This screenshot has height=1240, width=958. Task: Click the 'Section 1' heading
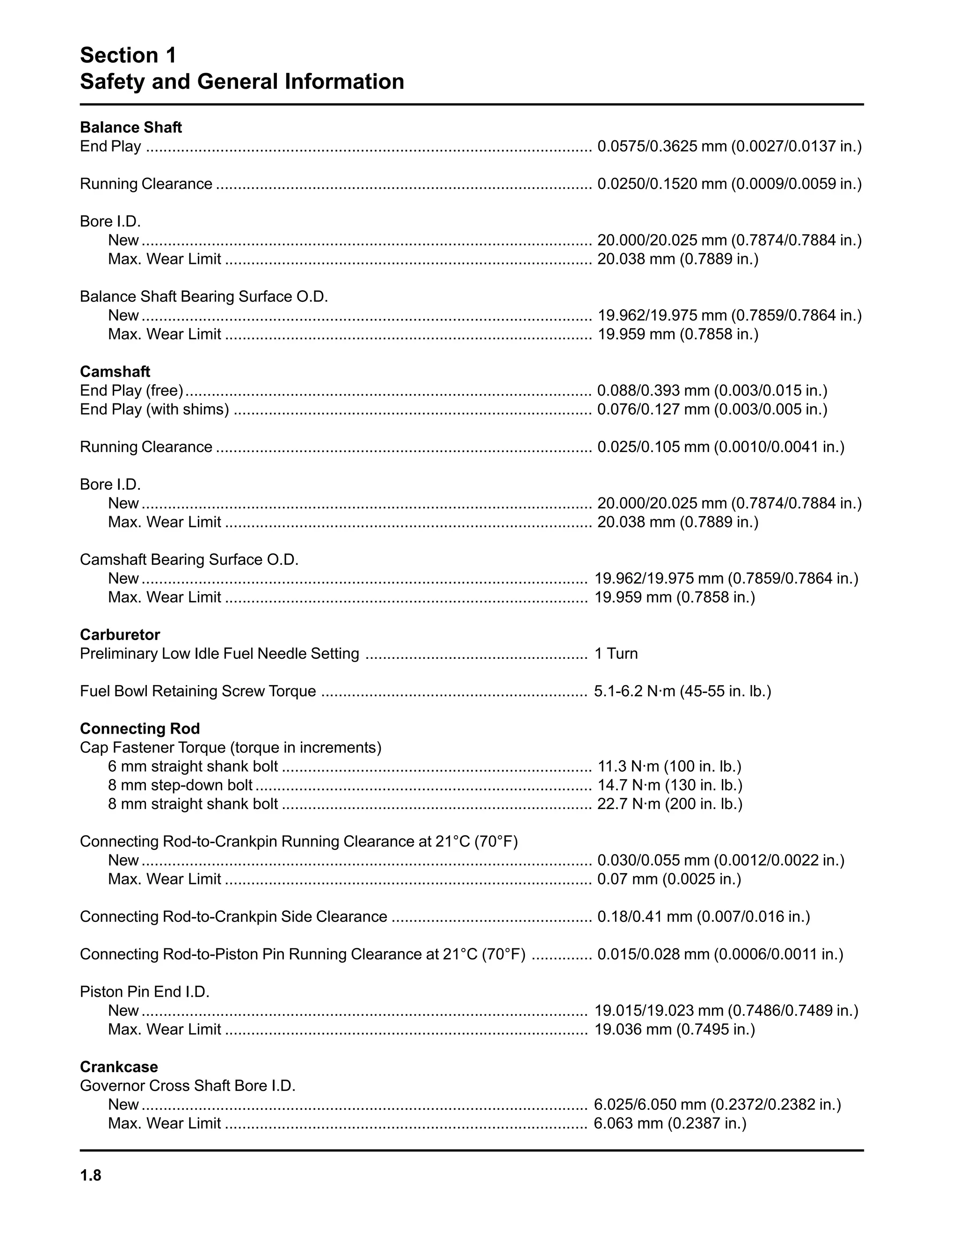128,55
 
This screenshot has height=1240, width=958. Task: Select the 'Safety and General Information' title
242,82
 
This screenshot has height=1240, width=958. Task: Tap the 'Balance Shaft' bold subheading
131,127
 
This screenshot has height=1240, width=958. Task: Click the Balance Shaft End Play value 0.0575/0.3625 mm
729,146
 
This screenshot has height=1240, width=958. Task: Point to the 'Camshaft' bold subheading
115,372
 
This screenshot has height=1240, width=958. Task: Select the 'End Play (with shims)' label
154,409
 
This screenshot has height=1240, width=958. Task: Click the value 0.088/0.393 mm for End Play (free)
711,391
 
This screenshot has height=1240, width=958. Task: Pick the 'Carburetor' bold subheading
120,635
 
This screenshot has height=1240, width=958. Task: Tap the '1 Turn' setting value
616,654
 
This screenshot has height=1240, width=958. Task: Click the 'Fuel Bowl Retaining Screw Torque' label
197,691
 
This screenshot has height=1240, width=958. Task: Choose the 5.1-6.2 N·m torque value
682,691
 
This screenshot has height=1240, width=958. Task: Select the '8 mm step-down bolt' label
180,785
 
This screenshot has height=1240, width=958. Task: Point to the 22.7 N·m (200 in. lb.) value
670,804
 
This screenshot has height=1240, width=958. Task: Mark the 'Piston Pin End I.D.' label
144,992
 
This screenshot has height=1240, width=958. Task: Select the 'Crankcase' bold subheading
119,1067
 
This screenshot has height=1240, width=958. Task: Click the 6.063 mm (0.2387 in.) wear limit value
670,1123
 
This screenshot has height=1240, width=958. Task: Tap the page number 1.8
90,1175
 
